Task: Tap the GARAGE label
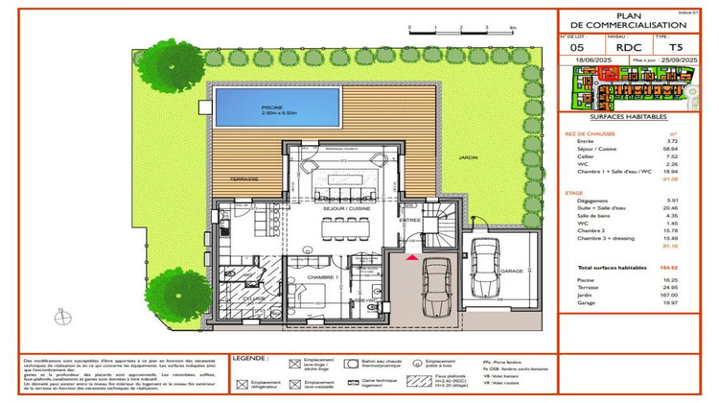[x=511, y=272]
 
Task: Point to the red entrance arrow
[x=412, y=256]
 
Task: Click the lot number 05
[x=576, y=46]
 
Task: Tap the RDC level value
[x=628, y=46]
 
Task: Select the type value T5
[x=677, y=46]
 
